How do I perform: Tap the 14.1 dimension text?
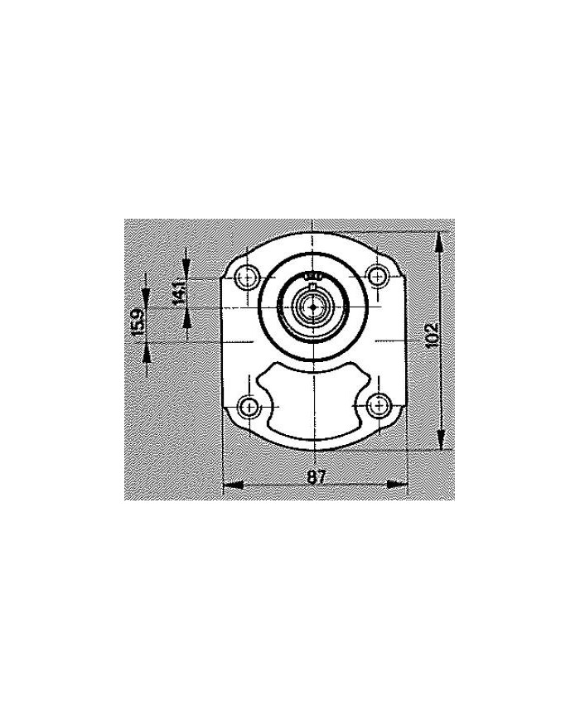point(180,293)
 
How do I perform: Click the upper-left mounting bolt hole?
point(248,277)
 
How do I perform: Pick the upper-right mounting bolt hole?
point(379,276)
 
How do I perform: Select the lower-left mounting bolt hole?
point(248,407)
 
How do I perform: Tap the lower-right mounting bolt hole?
point(379,406)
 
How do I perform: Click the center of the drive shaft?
point(313,308)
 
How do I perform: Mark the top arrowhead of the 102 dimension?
point(440,240)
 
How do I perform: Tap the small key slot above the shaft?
point(312,275)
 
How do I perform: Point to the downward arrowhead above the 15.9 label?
point(146,295)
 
